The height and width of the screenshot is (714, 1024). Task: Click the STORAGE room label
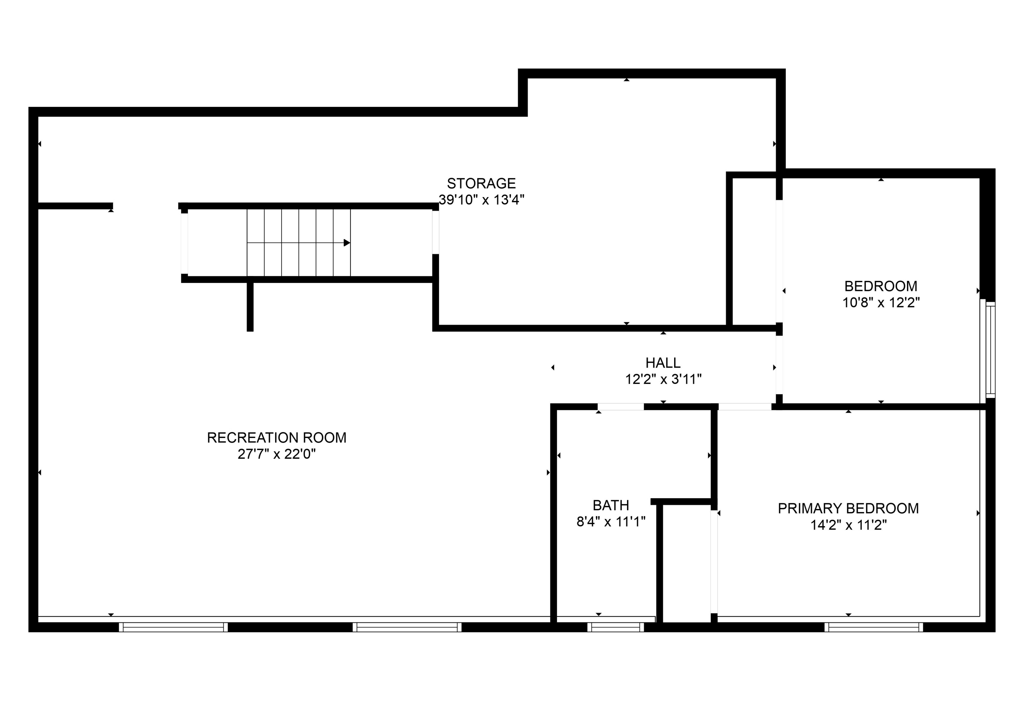coord(481,183)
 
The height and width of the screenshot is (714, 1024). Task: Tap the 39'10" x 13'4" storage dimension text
coord(481,200)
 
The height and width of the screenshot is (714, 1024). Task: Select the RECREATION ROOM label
coord(276,438)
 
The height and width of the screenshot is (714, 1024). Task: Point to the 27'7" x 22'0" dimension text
coord(276,454)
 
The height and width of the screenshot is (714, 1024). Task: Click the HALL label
coord(663,363)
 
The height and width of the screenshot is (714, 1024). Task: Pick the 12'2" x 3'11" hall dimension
coord(663,379)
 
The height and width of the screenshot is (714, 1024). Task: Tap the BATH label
coord(611,505)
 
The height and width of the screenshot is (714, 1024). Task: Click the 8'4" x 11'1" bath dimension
coord(611,522)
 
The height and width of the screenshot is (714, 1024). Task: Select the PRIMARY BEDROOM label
coord(848,508)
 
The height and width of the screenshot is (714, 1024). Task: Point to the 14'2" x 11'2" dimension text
coord(848,525)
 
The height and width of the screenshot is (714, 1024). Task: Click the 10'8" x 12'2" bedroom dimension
coord(881,303)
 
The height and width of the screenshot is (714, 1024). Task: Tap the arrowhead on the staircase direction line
coord(346,243)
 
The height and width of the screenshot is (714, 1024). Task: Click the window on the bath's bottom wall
coord(615,627)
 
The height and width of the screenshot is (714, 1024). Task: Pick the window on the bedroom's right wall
coord(990,350)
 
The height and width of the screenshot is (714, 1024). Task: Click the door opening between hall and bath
coord(621,407)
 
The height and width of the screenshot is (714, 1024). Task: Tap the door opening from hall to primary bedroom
coord(745,407)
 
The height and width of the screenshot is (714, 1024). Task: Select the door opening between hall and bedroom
coord(779,365)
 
